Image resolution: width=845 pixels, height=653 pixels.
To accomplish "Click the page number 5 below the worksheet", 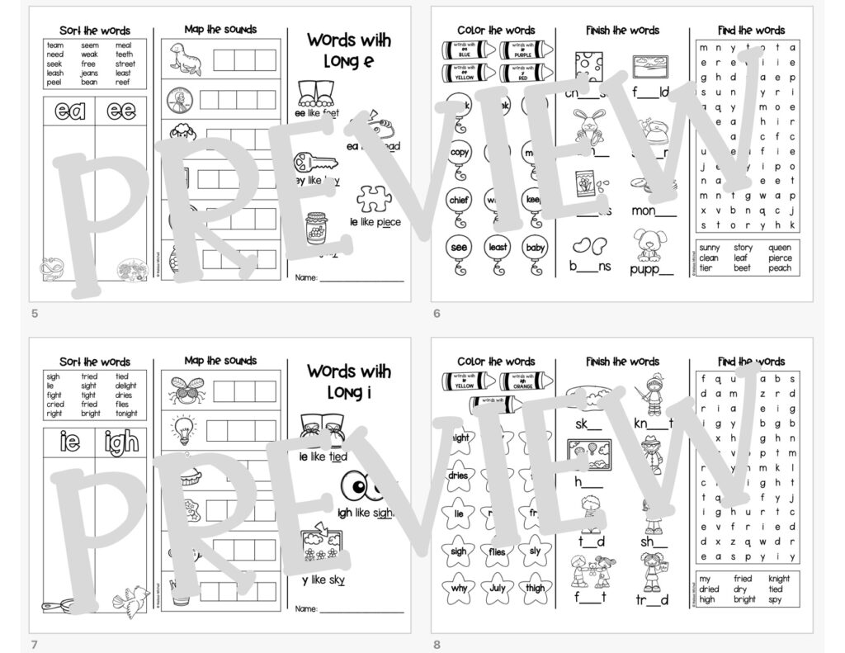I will [34, 314].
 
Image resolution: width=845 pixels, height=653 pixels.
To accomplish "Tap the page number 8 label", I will [436, 645].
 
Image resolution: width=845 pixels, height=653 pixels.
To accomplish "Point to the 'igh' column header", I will [120, 443].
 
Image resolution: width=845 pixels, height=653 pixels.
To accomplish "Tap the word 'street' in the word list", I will [125, 64].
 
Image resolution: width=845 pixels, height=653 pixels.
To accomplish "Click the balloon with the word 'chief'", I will [459, 201].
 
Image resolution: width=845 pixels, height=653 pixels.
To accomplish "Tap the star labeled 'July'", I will [498, 589].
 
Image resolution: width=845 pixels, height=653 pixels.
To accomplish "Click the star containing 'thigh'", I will [536, 589].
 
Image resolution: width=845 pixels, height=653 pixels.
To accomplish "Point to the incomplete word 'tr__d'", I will [652, 600].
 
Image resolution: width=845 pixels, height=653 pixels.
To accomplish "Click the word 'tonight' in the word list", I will [125, 414].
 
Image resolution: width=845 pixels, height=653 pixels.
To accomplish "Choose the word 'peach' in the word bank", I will [780, 268].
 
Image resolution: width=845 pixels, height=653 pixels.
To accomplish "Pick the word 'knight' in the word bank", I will [779, 579].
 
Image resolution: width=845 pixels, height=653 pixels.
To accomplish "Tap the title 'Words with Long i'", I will [349, 381].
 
